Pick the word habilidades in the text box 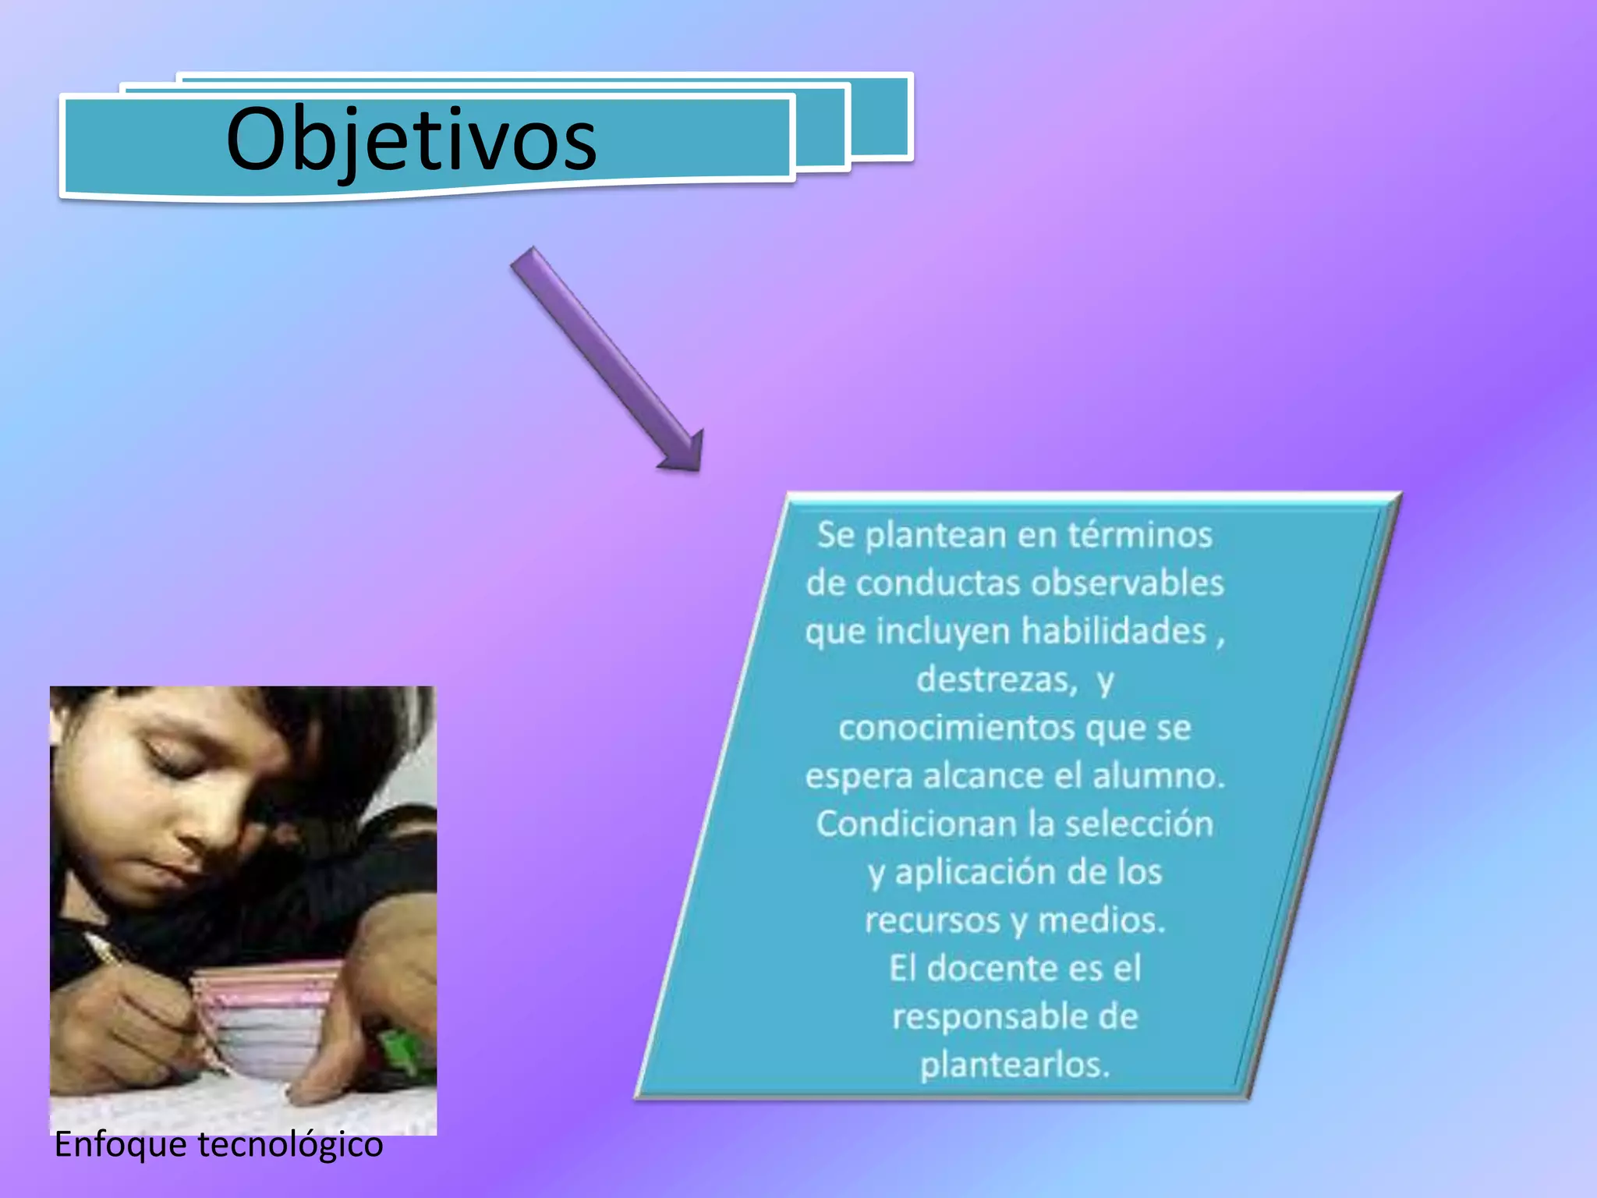point(1114,631)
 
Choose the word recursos point(932,920)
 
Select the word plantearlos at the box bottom point(1014,1065)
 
